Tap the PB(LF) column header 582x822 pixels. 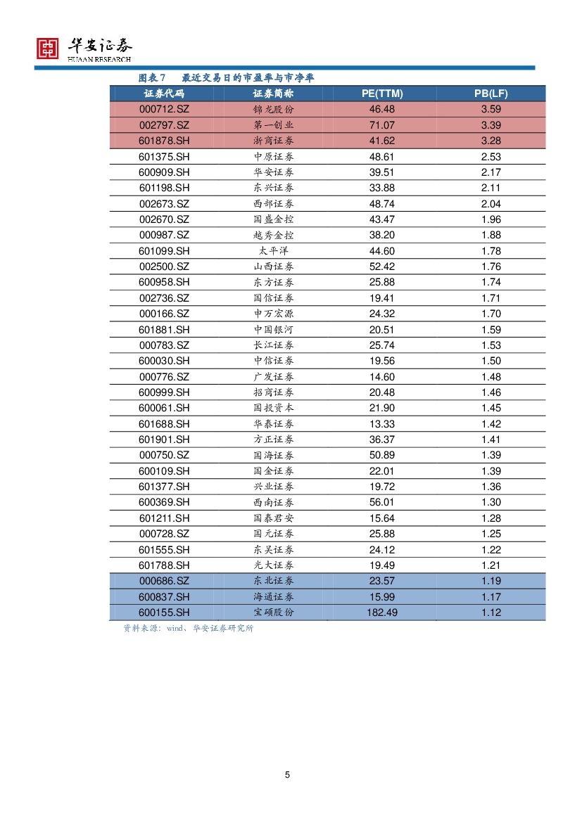coord(491,94)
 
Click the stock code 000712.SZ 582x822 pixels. coord(164,110)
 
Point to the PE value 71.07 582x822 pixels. coord(381,125)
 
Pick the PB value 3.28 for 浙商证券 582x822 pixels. coord(491,141)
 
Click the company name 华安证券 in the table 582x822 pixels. coord(273,172)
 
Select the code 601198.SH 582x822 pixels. coord(164,188)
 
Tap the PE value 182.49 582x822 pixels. coord(381,612)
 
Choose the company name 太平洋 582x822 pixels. coord(273,251)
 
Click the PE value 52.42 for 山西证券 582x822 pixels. coord(381,266)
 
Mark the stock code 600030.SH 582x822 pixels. coord(164,361)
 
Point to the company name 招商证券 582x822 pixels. coord(273,392)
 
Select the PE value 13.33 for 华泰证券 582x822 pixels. coord(381,424)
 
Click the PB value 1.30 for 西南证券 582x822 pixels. coord(491,502)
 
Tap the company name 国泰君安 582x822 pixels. coord(273,518)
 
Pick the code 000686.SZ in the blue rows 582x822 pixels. coord(164,581)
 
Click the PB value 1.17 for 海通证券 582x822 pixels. coord(491,597)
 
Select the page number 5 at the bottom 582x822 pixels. coord(287,775)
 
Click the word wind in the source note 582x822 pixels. coord(175,629)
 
